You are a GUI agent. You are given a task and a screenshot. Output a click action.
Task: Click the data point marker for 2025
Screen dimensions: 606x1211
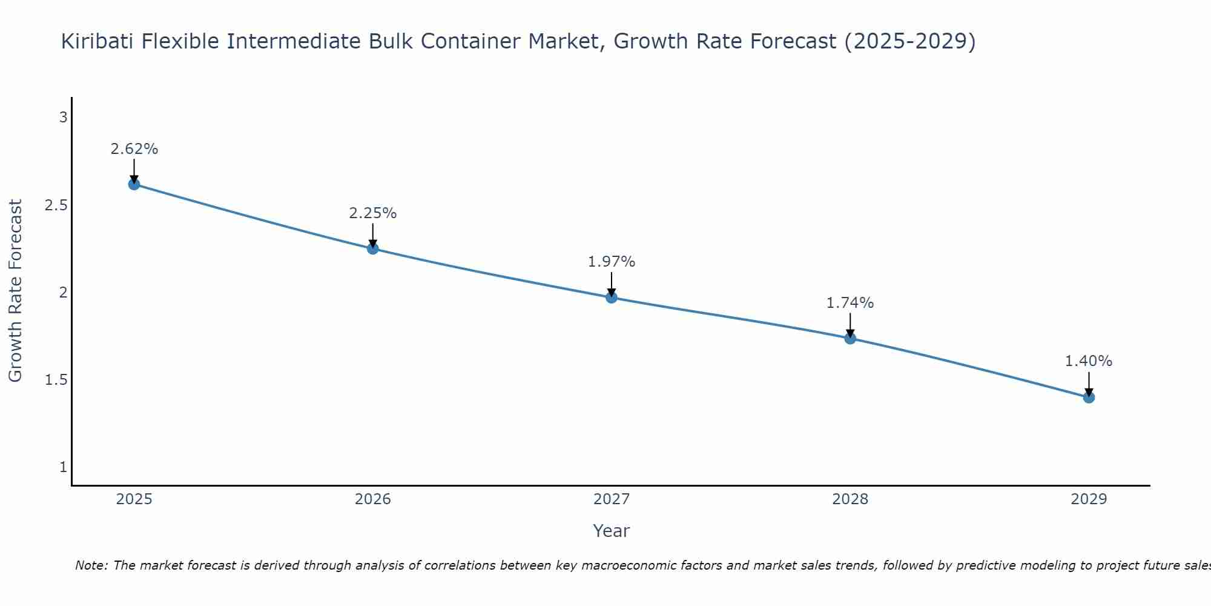coord(134,184)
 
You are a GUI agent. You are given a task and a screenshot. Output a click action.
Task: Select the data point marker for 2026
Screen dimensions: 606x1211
coord(373,248)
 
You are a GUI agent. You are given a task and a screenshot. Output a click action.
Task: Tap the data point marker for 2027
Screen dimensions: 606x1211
coord(612,298)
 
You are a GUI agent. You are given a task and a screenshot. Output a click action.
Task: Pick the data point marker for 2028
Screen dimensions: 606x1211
coord(850,338)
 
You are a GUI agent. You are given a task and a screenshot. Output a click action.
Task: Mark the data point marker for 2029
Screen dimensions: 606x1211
coord(1089,398)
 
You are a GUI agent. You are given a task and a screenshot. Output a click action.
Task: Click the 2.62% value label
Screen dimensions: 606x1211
coord(134,149)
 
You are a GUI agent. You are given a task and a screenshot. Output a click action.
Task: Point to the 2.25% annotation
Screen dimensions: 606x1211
coord(373,213)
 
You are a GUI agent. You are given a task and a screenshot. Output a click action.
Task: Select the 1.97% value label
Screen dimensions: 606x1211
coord(612,262)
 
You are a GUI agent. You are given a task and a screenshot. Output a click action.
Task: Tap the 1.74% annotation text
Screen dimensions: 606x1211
coord(850,303)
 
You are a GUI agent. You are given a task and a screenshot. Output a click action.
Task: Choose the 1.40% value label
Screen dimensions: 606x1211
coord(1089,361)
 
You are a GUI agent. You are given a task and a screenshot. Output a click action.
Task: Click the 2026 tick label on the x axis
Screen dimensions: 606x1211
coord(373,499)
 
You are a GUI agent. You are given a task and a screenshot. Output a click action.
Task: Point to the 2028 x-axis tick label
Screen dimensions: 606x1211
coord(850,499)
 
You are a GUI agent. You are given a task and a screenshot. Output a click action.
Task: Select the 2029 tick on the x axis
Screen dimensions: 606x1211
coord(1089,499)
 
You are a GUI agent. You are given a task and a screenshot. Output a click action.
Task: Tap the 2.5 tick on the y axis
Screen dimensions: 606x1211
coord(56,205)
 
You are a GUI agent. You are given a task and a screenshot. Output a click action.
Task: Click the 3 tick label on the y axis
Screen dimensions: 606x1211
coord(63,118)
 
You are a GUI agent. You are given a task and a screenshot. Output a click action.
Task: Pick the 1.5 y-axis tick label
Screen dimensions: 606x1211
coord(56,380)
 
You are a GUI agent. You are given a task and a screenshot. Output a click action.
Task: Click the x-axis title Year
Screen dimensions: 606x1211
coord(612,531)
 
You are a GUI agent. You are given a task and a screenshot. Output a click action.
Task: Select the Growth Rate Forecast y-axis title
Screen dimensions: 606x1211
coord(16,291)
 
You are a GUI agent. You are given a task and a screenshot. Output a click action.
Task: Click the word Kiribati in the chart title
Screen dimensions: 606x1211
coord(98,41)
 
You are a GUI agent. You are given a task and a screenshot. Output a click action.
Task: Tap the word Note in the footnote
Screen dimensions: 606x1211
coord(91,565)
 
